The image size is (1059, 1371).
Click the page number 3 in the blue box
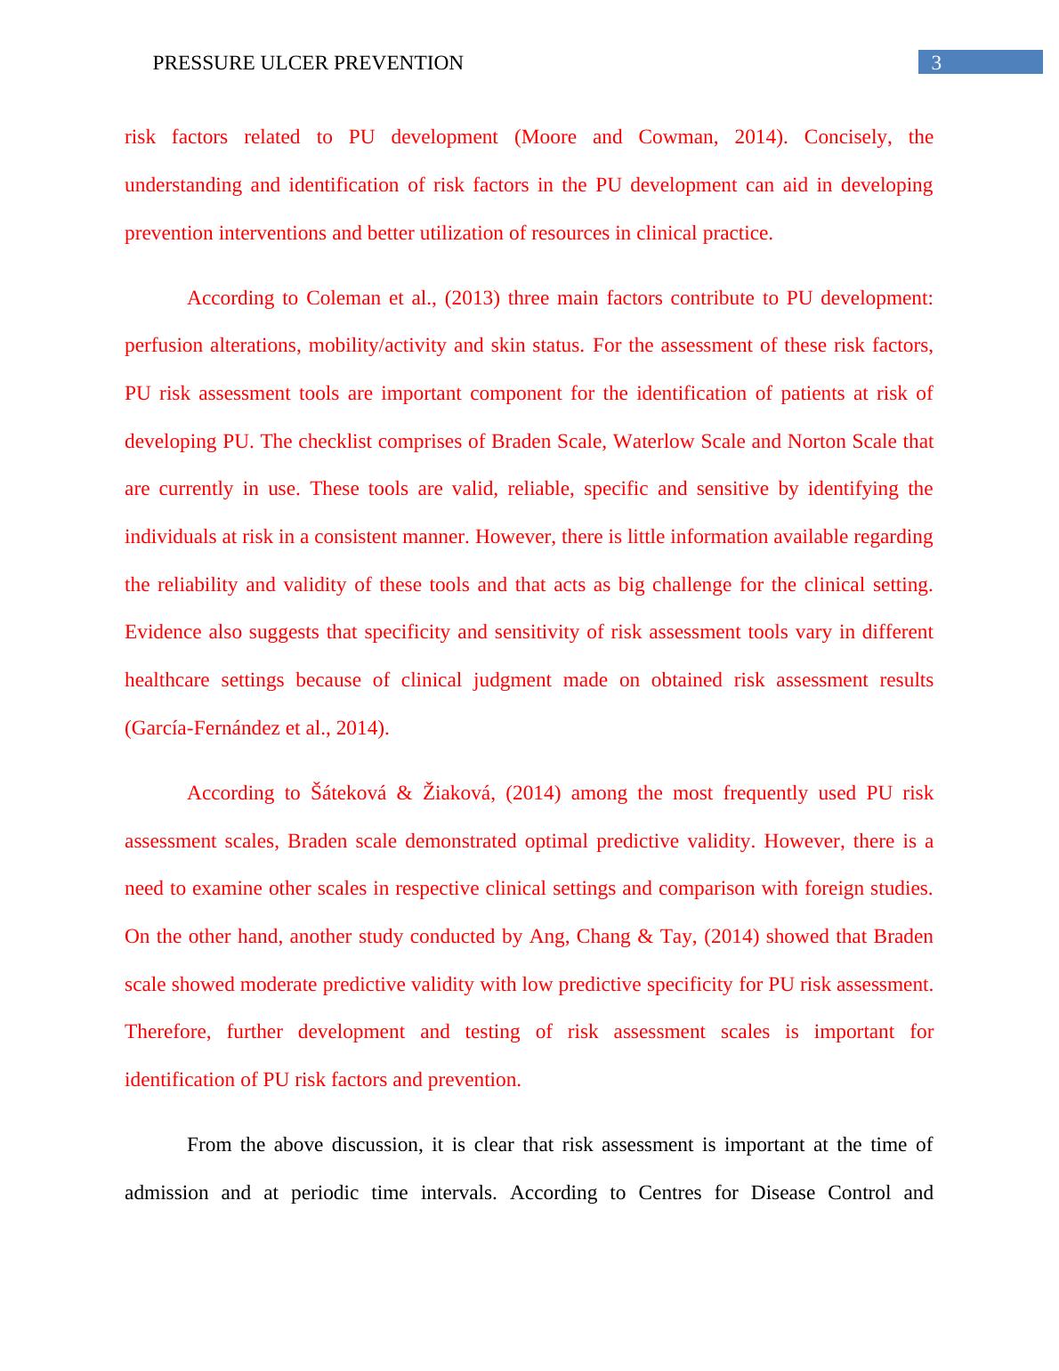(936, 62)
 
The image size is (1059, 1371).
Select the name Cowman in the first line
(677, 137)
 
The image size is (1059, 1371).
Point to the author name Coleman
(342, 298)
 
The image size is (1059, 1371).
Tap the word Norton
(816, 442)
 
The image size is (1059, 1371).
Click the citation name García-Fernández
(199, 728)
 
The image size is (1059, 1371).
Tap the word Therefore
(168, 1032)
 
